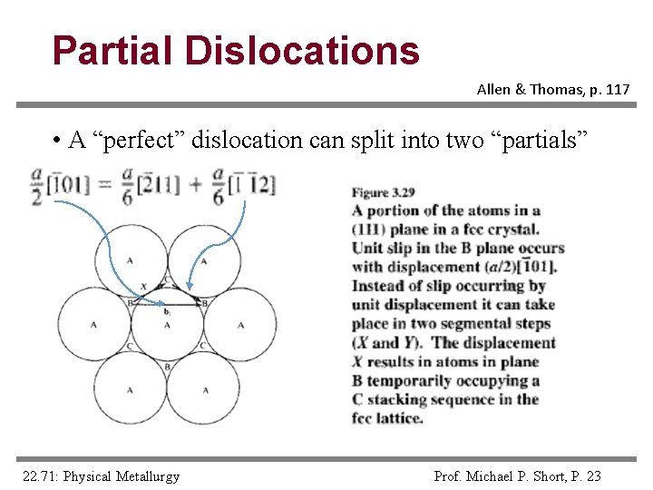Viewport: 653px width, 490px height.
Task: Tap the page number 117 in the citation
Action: pos(613,90)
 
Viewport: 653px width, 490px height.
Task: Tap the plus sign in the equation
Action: pos(194,185)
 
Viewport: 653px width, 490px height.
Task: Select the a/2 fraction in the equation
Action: pos(37,185)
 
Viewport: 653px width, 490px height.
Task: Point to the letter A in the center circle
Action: pos(167,325)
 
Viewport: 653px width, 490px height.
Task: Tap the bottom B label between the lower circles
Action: pos(167,367)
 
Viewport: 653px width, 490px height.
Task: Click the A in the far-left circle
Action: pos(93,325)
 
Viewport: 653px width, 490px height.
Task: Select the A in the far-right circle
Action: pos(241,325)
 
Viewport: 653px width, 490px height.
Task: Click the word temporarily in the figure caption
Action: pos(416,380)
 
